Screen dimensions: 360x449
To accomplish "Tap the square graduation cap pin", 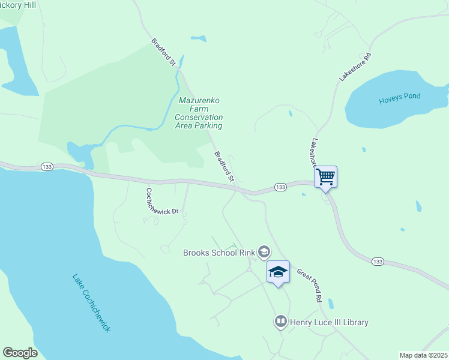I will [278, 272].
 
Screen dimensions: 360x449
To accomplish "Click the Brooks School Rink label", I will [218, 252].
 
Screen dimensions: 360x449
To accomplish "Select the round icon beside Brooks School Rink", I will [264, 251].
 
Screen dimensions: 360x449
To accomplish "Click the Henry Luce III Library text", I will [329, 322].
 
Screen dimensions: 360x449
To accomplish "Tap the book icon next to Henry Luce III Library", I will [280, 322].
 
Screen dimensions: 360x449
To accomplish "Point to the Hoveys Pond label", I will [400, 98].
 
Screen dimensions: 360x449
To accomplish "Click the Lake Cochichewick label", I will [92, 304].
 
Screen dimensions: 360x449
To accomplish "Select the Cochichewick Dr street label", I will [163, 201].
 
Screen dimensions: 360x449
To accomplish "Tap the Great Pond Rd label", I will [310, 284].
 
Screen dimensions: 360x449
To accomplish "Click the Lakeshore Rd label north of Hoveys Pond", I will [355, 67].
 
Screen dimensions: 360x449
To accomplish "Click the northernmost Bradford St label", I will [163, 53].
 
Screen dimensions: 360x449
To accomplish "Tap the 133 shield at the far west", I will [47, 166].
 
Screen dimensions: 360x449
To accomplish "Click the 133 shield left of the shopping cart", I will [280, 187].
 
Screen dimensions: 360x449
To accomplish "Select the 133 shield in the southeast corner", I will [378, 261].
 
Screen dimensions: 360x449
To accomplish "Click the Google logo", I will [20, 353].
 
